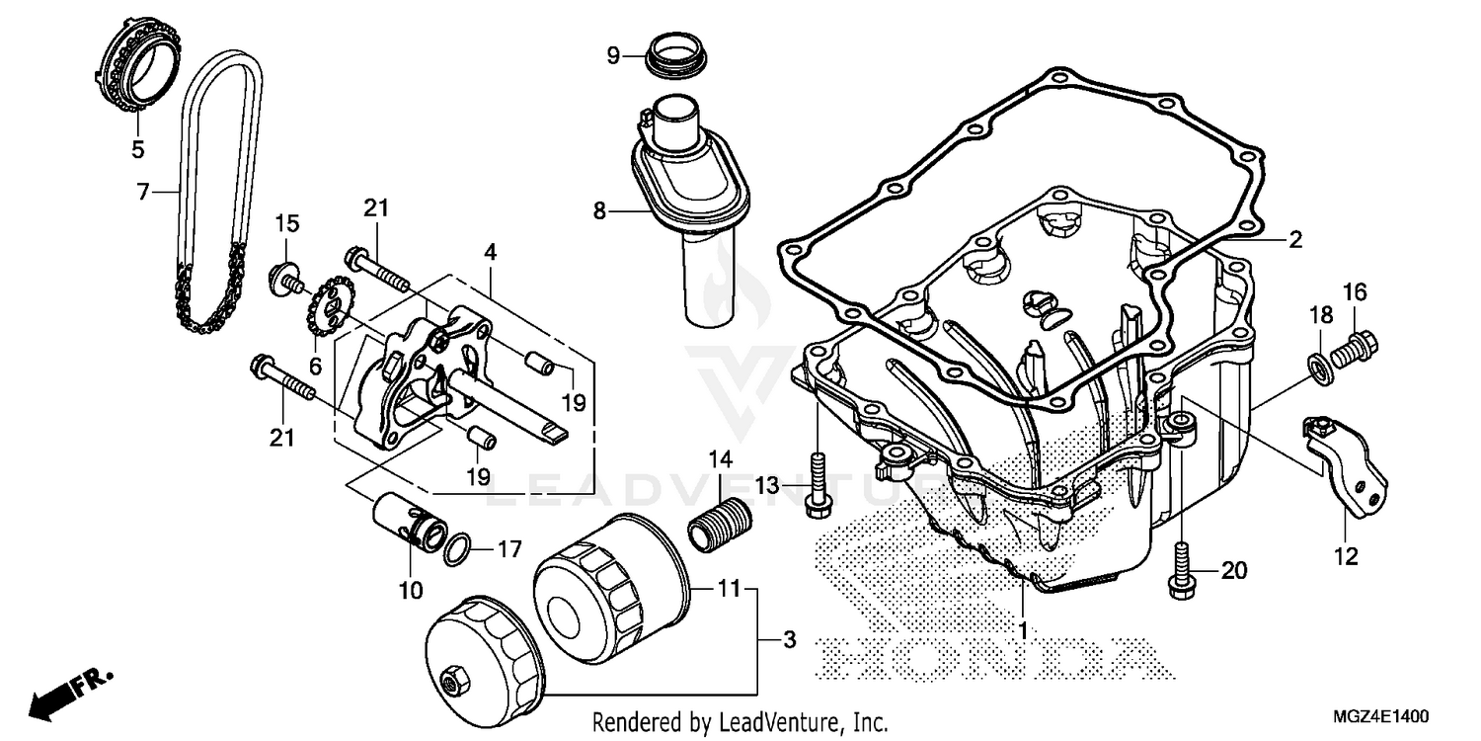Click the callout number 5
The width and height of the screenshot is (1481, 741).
click(x=137, y=150)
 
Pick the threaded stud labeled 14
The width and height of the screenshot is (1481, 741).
click(x=718, y=522)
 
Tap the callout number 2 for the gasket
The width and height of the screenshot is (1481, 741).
click(x=1295, y=239)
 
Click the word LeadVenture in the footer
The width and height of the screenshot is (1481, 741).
click(x=786, y=722)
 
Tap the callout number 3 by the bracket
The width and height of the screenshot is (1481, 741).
click(x=788, y=640)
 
